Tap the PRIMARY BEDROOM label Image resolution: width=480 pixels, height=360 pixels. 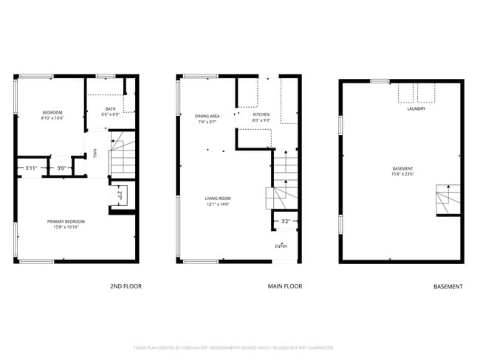click(66, 221)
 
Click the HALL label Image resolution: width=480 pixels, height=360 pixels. click(95, 154)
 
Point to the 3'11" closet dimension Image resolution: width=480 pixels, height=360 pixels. click(31, 168)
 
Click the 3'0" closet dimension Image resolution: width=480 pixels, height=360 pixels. click(62, 168)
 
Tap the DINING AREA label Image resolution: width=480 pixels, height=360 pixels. click(208, 116)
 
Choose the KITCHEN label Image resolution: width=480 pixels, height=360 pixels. click(261, 115)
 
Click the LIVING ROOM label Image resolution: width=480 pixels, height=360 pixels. click(218, 198)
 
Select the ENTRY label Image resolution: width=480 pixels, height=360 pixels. click(281, 246)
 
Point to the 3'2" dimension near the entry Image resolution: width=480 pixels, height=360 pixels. click(286, 221)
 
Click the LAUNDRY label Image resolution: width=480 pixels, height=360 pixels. click(416, 109)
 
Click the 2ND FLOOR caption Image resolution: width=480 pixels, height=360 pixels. click(126, 286)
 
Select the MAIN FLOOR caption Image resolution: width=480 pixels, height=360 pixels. click(285, 286)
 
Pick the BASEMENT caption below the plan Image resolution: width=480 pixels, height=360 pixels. click(448, 286)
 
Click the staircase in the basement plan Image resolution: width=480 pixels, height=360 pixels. click(448, 199)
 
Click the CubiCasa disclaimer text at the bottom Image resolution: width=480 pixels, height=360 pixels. click(233, 347)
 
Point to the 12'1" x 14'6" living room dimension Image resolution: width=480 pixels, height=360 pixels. click(218, 204)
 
